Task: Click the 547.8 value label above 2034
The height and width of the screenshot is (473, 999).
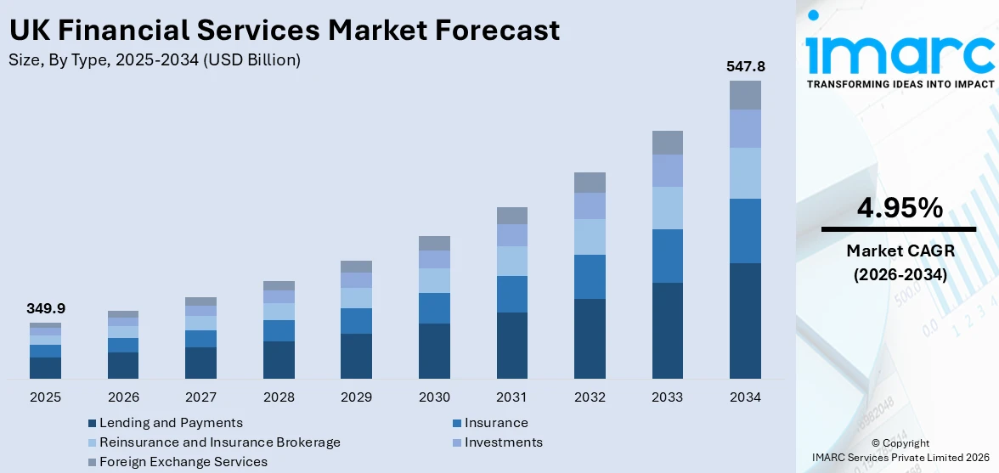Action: coord(744,66)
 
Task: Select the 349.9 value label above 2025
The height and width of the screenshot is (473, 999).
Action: coord(45,308)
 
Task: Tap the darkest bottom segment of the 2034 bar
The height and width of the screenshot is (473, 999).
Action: coord(745,320)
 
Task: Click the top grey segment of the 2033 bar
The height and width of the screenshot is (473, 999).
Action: coord(667,143)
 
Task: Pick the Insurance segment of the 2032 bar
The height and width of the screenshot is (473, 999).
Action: coord(590,276)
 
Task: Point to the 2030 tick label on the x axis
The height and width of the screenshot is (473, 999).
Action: coord(434,397)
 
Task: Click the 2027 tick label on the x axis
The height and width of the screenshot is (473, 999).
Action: coord(200,397)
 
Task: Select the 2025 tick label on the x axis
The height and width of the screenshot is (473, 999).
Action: coord(45,397)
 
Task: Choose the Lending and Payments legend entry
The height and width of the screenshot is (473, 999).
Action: coord(171,423)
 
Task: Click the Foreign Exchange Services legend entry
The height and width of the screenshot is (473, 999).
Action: coord(183,462)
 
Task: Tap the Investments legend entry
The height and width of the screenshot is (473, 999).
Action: coord(503,442)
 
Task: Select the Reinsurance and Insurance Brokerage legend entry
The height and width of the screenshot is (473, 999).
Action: coord(219,442)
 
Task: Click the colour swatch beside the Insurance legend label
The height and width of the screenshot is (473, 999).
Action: coord(457,424)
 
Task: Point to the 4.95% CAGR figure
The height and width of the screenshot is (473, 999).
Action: coord(899,208)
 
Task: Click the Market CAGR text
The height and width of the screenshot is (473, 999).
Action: coord(899,251)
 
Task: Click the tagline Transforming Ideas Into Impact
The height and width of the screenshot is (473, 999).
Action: coord(900,84)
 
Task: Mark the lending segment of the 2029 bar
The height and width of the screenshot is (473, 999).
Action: coord(356,356)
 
